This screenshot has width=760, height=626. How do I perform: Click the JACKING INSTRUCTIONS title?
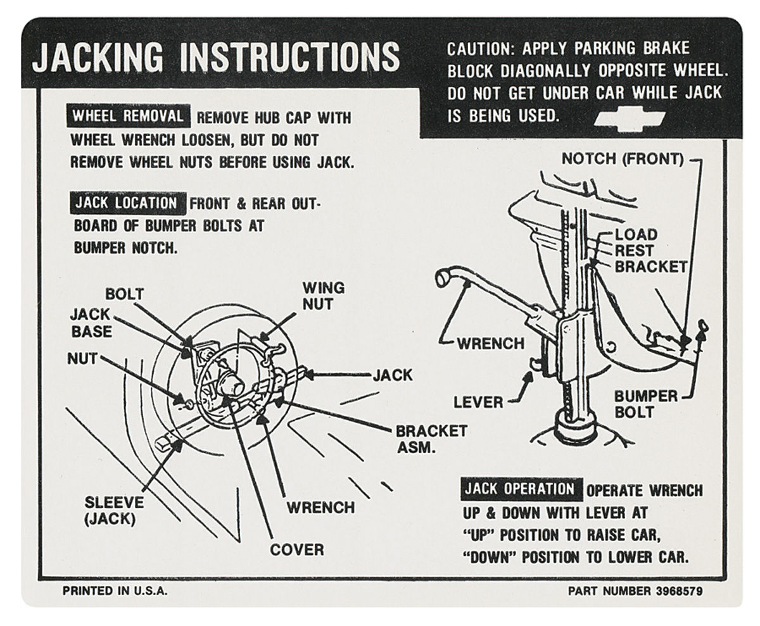point(215,58)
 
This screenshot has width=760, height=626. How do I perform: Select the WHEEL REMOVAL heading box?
point(127,116)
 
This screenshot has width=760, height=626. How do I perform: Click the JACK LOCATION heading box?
point(127,203)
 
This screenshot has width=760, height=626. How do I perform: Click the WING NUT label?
point(323,296)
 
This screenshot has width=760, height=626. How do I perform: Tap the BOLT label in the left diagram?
point(124,294)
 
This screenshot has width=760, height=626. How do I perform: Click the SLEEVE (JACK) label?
point(114,511)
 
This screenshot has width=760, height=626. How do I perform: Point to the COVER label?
point(296,549)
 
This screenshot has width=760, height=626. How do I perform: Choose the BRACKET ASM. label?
point(431,439)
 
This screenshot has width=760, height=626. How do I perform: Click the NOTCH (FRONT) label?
point(622,160)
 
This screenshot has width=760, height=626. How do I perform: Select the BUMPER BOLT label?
point(645,404)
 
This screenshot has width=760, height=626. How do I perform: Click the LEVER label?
point(478,402)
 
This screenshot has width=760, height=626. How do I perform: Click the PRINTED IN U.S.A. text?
point(115,591)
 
